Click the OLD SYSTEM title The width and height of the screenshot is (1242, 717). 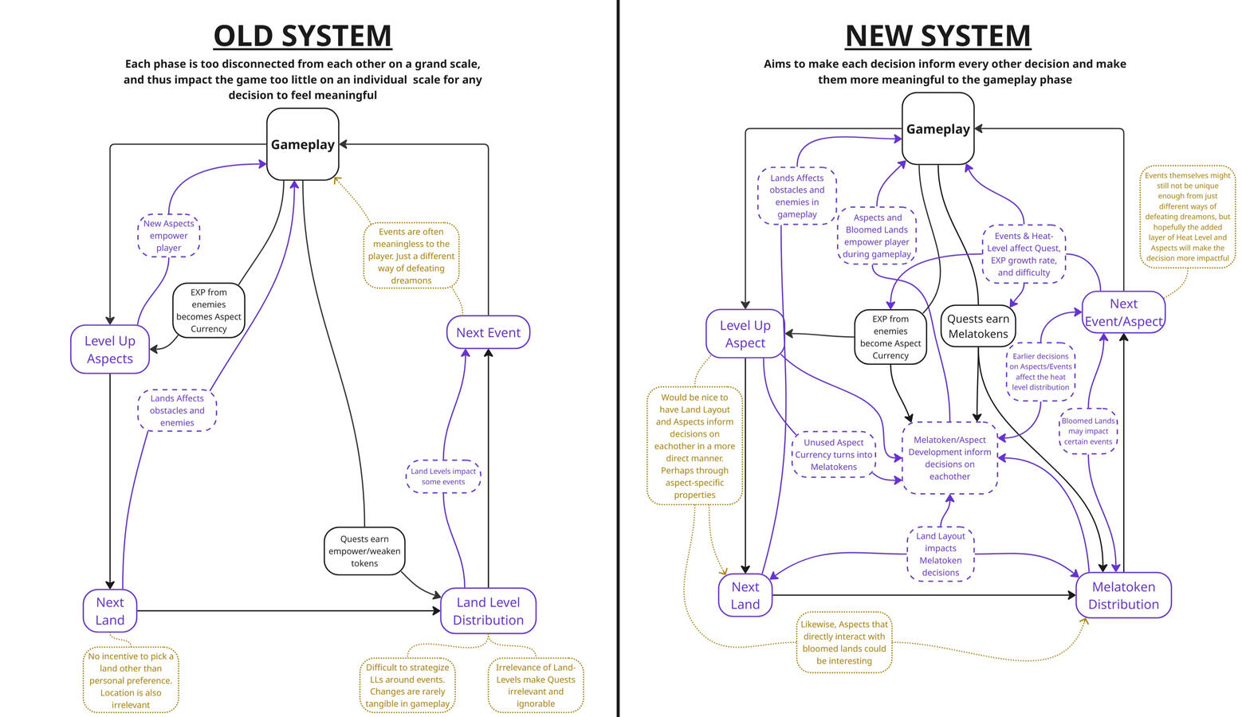[302, 37]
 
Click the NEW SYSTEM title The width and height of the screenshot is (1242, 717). [937, 37]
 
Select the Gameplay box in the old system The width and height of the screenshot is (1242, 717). [302, 144]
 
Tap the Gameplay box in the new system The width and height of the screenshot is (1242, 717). [937, 129]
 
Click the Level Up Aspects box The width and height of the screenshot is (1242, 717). [110, 350]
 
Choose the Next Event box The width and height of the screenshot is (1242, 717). [488, 332]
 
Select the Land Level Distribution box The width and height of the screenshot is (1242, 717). [488, 611]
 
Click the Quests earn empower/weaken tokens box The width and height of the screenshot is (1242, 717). [364, 550]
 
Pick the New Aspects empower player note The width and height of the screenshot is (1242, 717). [168, 236]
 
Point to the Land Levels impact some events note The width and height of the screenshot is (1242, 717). [443, 476]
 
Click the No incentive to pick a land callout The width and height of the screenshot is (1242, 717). [131, 680]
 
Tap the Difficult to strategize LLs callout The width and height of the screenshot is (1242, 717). [407, 685]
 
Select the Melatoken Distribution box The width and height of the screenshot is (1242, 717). [1123, 595]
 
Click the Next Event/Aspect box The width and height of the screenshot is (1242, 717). [1123, 312]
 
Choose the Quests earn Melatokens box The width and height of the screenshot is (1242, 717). [977, 327]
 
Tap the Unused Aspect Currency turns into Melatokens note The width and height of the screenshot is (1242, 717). [834, 455]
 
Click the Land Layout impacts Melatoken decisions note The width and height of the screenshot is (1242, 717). [941, 554]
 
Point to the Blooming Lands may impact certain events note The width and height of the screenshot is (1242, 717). [1088, 431]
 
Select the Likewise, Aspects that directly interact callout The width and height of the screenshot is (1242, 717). [844, 643]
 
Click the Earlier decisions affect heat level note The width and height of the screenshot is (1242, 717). [1040, 372]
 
